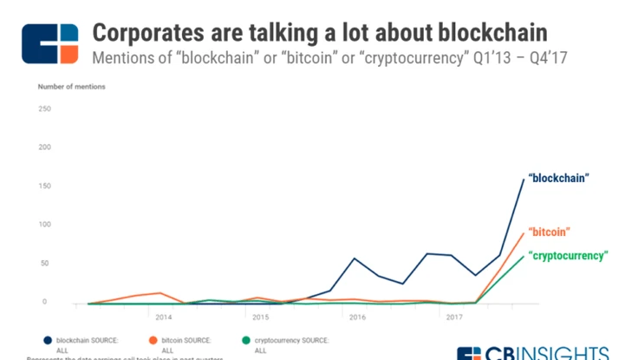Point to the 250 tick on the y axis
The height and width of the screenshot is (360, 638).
pos(45,108)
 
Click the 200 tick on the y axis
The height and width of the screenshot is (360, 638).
pos(45,147)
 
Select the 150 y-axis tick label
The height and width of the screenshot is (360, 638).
pos(45,187)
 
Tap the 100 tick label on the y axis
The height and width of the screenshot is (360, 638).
pos(45,225)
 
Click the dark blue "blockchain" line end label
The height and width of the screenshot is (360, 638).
pos(560,177)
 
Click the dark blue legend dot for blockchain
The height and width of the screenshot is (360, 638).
pos(47,340)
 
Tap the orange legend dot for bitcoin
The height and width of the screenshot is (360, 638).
pos(153,340)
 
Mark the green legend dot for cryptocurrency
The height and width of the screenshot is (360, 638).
pos(247,340)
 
